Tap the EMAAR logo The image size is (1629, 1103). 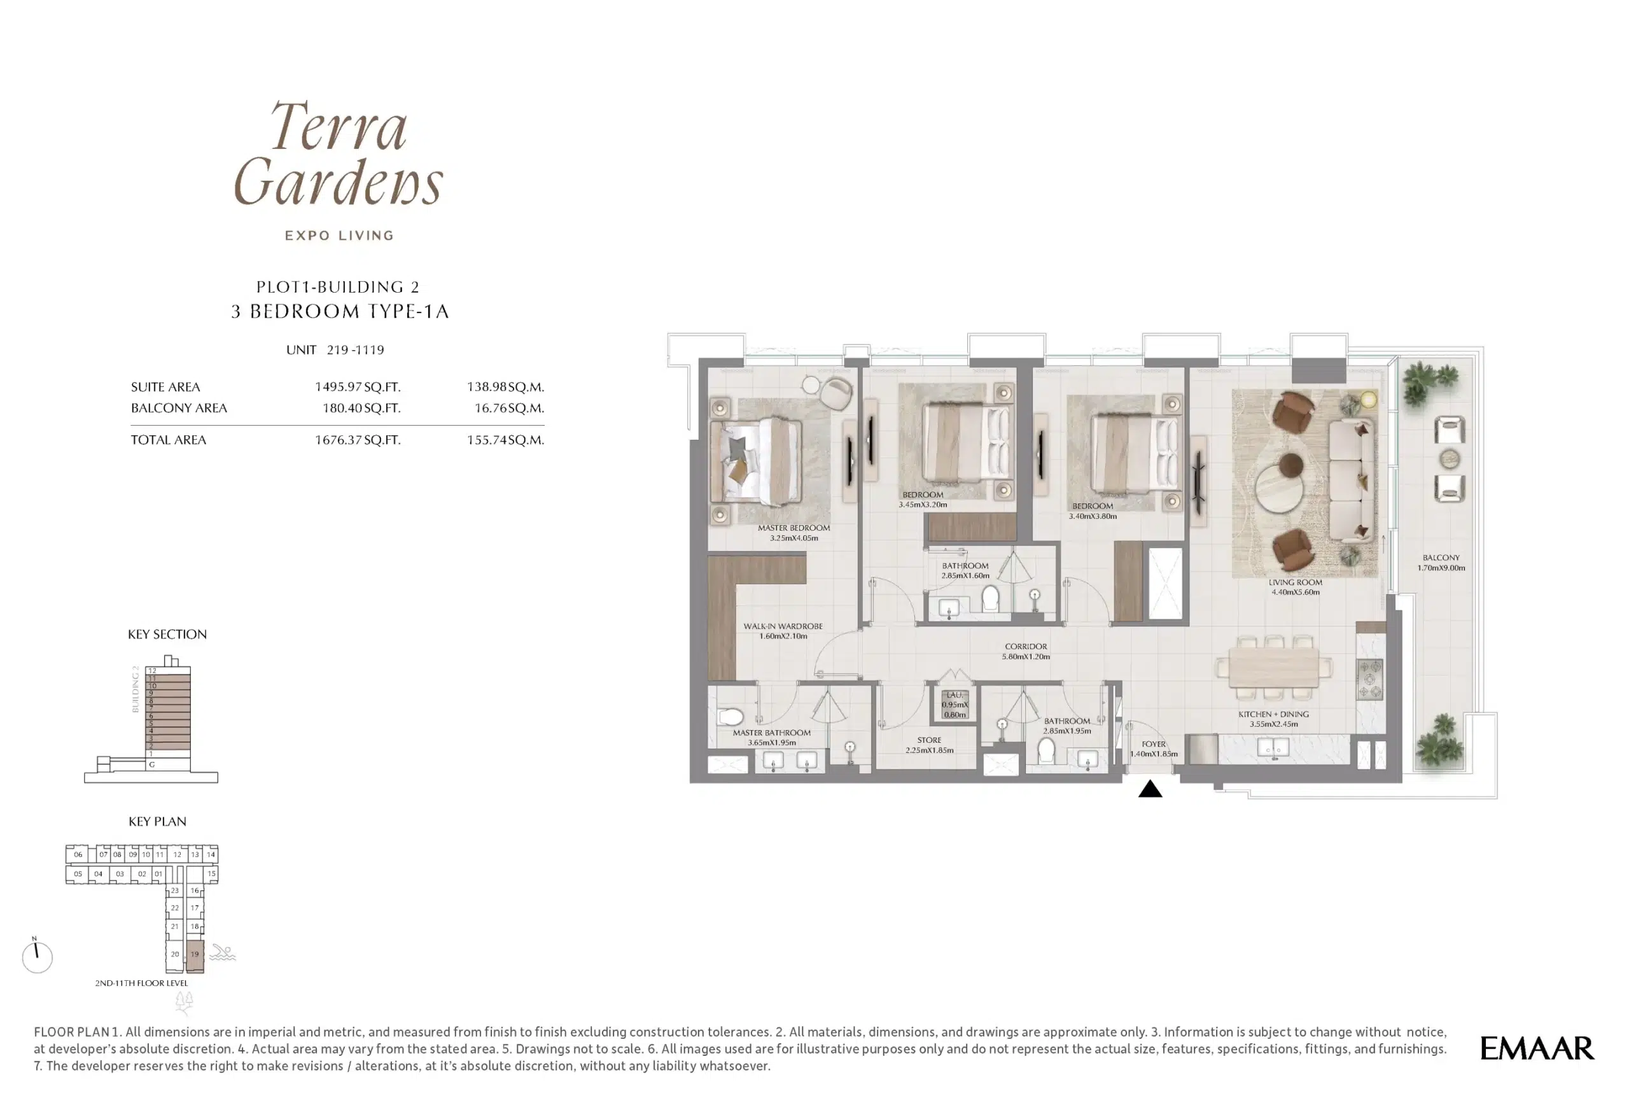pos(1537,1048)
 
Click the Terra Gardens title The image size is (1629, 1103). pos(339,153)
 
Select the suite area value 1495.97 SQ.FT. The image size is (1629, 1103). pos(358,387)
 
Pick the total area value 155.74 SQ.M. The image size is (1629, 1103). pos(505,440)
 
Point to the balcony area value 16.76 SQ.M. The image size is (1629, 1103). pos(509,408)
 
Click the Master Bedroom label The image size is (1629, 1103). pos(794,533)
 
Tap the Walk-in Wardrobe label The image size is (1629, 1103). pos(783,631)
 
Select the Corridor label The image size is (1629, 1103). pos(1026,651)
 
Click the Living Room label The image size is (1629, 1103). pos(1296,587)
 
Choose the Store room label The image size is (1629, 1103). pos(930,745)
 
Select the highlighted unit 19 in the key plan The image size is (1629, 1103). pos(195,956)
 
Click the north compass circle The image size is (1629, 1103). pos(37,957)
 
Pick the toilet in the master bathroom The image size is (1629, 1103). pos(730,717)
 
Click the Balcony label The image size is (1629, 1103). pos(1441,563)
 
